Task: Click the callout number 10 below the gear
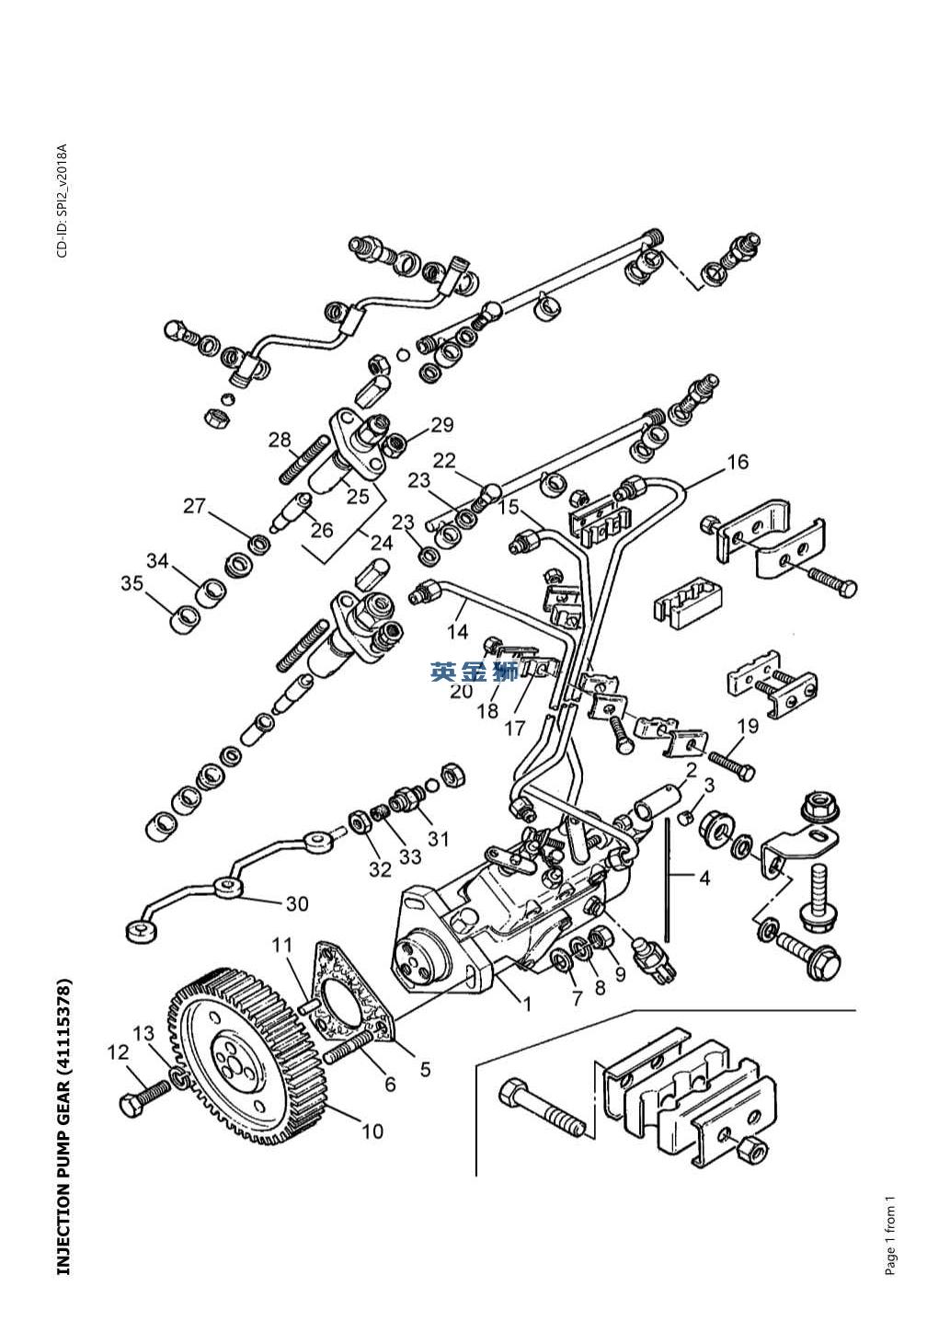[372, 1131]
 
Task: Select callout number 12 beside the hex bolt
[118, 1052]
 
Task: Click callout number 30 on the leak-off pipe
[297, 903]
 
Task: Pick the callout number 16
[738, 462]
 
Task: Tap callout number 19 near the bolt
[748, 726]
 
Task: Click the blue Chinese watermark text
[474, 672]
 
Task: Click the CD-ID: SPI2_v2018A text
[63, 201]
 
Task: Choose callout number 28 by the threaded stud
[280, 440]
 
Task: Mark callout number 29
[442, 425]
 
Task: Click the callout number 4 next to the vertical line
[704, 879]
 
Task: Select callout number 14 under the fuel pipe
[457, 631]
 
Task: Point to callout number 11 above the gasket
[282, 946]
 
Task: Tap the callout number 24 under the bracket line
[382, 543]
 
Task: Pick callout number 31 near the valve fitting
[439, 838]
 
